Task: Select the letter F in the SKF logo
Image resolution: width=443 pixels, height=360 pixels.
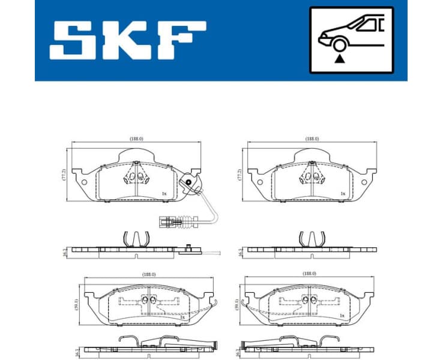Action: pos(183,41)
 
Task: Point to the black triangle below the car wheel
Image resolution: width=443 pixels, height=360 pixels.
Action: pos(340,59)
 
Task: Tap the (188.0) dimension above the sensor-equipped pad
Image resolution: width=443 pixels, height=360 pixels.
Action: pos(136,139)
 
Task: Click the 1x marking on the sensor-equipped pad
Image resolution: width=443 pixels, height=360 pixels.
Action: pos(163,193)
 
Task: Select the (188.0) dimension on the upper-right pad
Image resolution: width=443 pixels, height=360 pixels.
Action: pos(312,139)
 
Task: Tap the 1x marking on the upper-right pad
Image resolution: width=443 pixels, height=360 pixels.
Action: pos(343,193)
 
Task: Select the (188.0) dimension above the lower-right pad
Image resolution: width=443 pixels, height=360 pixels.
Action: pos(310,273)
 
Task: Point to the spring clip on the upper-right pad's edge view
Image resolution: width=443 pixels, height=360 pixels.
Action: pos(312,238)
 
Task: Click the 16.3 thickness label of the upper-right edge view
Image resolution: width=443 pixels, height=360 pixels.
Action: pos(240,252)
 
